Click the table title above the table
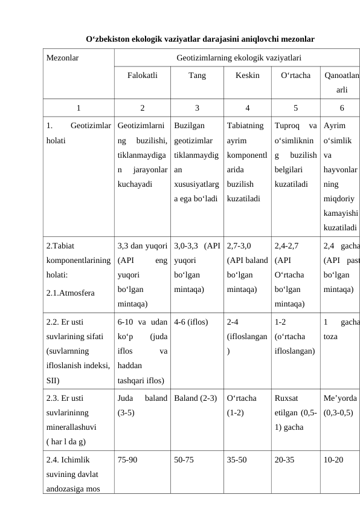(x=200, y=40)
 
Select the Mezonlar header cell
(x=63, y=59)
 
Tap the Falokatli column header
(x=142, y=76)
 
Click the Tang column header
(x=197, y=76)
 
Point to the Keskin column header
(x=247, y=76)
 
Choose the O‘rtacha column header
(x=295, y=76)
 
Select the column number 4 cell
(x=247, y=108)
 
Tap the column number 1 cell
(x=78, y=108)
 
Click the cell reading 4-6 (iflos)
(x=191, y=322)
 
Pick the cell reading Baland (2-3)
(x=195, y=398)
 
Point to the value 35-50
(x=237, y=459)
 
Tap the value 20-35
(x=284, y=459)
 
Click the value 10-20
(x=333, y=459)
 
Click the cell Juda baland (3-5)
(x=142, y=405)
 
